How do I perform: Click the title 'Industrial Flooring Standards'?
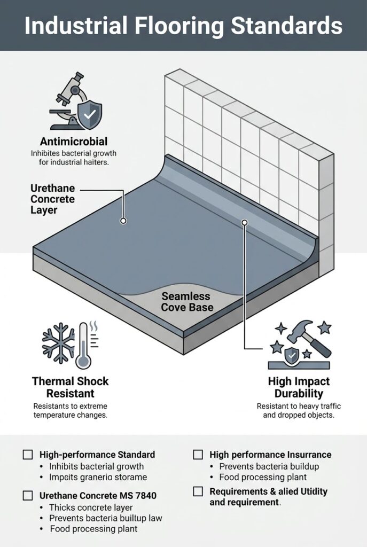(x=183, y=25)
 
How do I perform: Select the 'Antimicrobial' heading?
(x=74, y=142)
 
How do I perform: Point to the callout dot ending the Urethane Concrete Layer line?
(x=123, y=220)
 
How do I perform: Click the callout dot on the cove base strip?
(x=245, y=222)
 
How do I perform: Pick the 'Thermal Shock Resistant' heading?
(x=70, y=387)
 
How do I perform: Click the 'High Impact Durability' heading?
(x=299, y=387)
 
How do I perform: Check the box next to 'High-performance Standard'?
(x=28, y=455)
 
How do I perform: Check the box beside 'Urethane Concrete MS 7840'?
(x=28, y=496)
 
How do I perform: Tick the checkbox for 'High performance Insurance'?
(x=198, y=455)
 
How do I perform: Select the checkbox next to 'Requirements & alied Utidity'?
(x=198, y=491)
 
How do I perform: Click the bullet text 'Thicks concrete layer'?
(x=91, y=507)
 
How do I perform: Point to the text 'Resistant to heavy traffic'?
(x=299, y=407)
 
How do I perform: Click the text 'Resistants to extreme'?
(x=70, y=407)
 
